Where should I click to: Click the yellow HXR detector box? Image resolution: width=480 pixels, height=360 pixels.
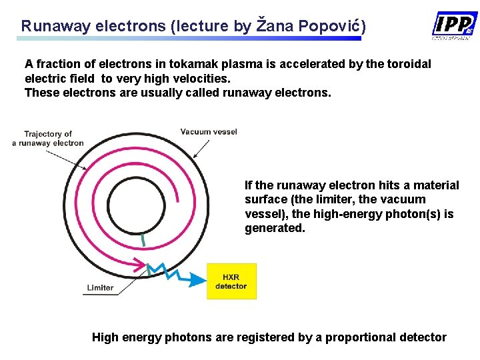coord(231,281)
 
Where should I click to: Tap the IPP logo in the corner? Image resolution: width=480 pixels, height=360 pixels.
coord(455,25)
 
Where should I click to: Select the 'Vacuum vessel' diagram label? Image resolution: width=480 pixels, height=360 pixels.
coord(209,131)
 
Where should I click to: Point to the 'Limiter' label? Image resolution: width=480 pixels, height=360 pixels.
coord(99,288)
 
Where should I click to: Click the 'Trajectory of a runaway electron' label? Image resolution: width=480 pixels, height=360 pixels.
coord(48,138)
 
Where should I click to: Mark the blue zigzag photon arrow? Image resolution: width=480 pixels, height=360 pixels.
coord(170,271)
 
